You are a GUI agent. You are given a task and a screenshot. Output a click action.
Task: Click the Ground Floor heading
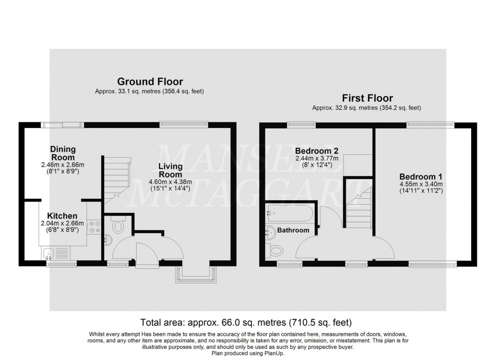[150, 81]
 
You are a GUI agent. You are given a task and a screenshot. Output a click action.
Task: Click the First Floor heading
[366, 98]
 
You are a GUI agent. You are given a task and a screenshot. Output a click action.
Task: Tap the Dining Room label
[63, 153]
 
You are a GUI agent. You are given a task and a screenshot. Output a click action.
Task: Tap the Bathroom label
[294, 231]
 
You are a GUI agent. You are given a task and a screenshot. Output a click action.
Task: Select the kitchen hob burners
[94, 227]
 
